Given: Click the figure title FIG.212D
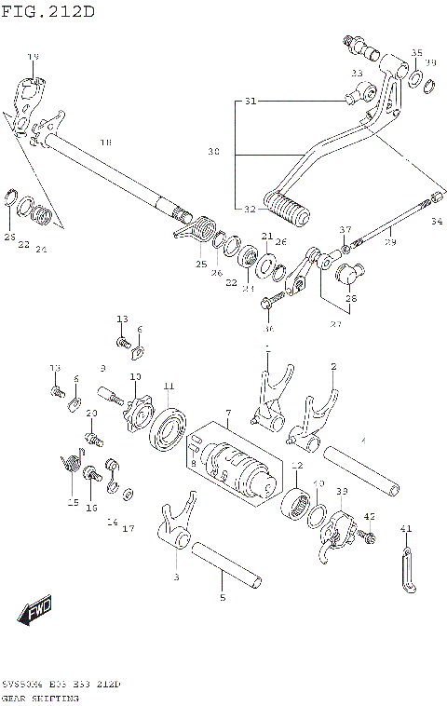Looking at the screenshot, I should click(x=48, y=12).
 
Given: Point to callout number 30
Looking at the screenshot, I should click(x=214, y=151).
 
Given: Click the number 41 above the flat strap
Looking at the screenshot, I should click(x=405, y=529).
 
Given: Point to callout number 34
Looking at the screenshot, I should click(x=437, y=222).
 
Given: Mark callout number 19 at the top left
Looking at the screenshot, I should click(x=34, y=58).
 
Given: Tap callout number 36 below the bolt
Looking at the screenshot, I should click(x=268, y=328).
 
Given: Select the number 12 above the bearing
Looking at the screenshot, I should click(x=296, y=466).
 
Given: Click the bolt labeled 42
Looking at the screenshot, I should click(x=369, y=537).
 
